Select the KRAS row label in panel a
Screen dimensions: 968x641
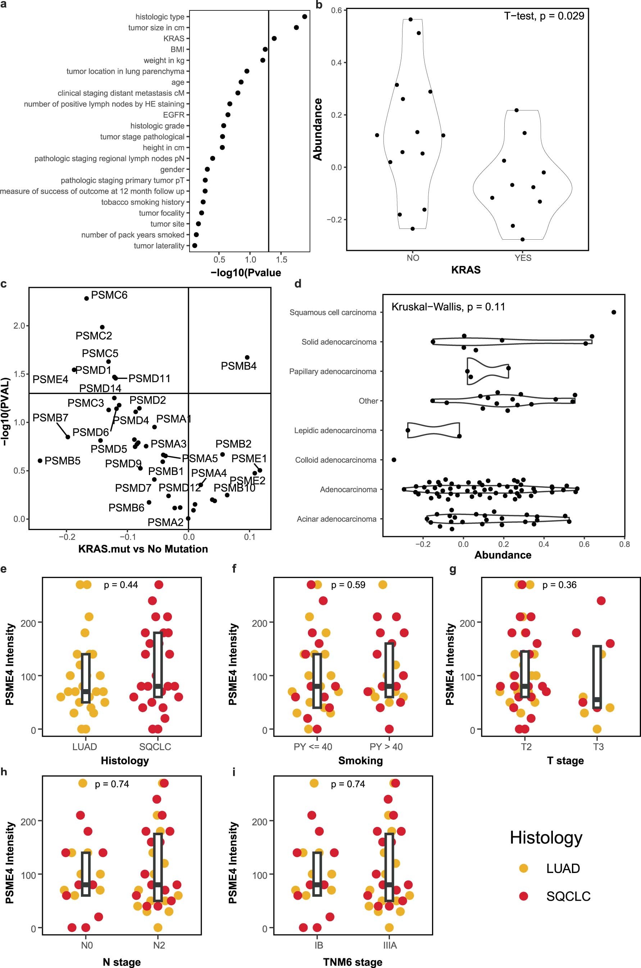174,39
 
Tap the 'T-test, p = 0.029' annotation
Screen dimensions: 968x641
544,16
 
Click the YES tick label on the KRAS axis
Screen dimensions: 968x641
523,258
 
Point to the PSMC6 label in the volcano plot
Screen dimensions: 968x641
109,295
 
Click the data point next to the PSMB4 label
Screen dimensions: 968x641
247,357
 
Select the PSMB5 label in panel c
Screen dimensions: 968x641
62,461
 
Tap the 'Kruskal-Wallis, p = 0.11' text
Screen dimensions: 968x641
448,307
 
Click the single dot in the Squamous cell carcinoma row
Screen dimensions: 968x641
614,312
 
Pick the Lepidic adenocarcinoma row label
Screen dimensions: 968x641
335,430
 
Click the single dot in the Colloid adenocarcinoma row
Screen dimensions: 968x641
394,460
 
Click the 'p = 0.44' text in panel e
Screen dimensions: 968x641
121,585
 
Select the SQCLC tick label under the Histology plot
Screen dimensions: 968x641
155,747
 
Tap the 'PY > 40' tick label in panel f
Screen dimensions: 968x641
386,747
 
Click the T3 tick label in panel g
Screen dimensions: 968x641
598,747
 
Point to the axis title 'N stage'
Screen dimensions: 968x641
122,962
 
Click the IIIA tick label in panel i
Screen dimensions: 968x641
390,945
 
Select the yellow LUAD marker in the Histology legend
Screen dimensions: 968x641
523,868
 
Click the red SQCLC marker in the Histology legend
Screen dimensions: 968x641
523,896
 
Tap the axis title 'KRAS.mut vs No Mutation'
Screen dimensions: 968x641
143,549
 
